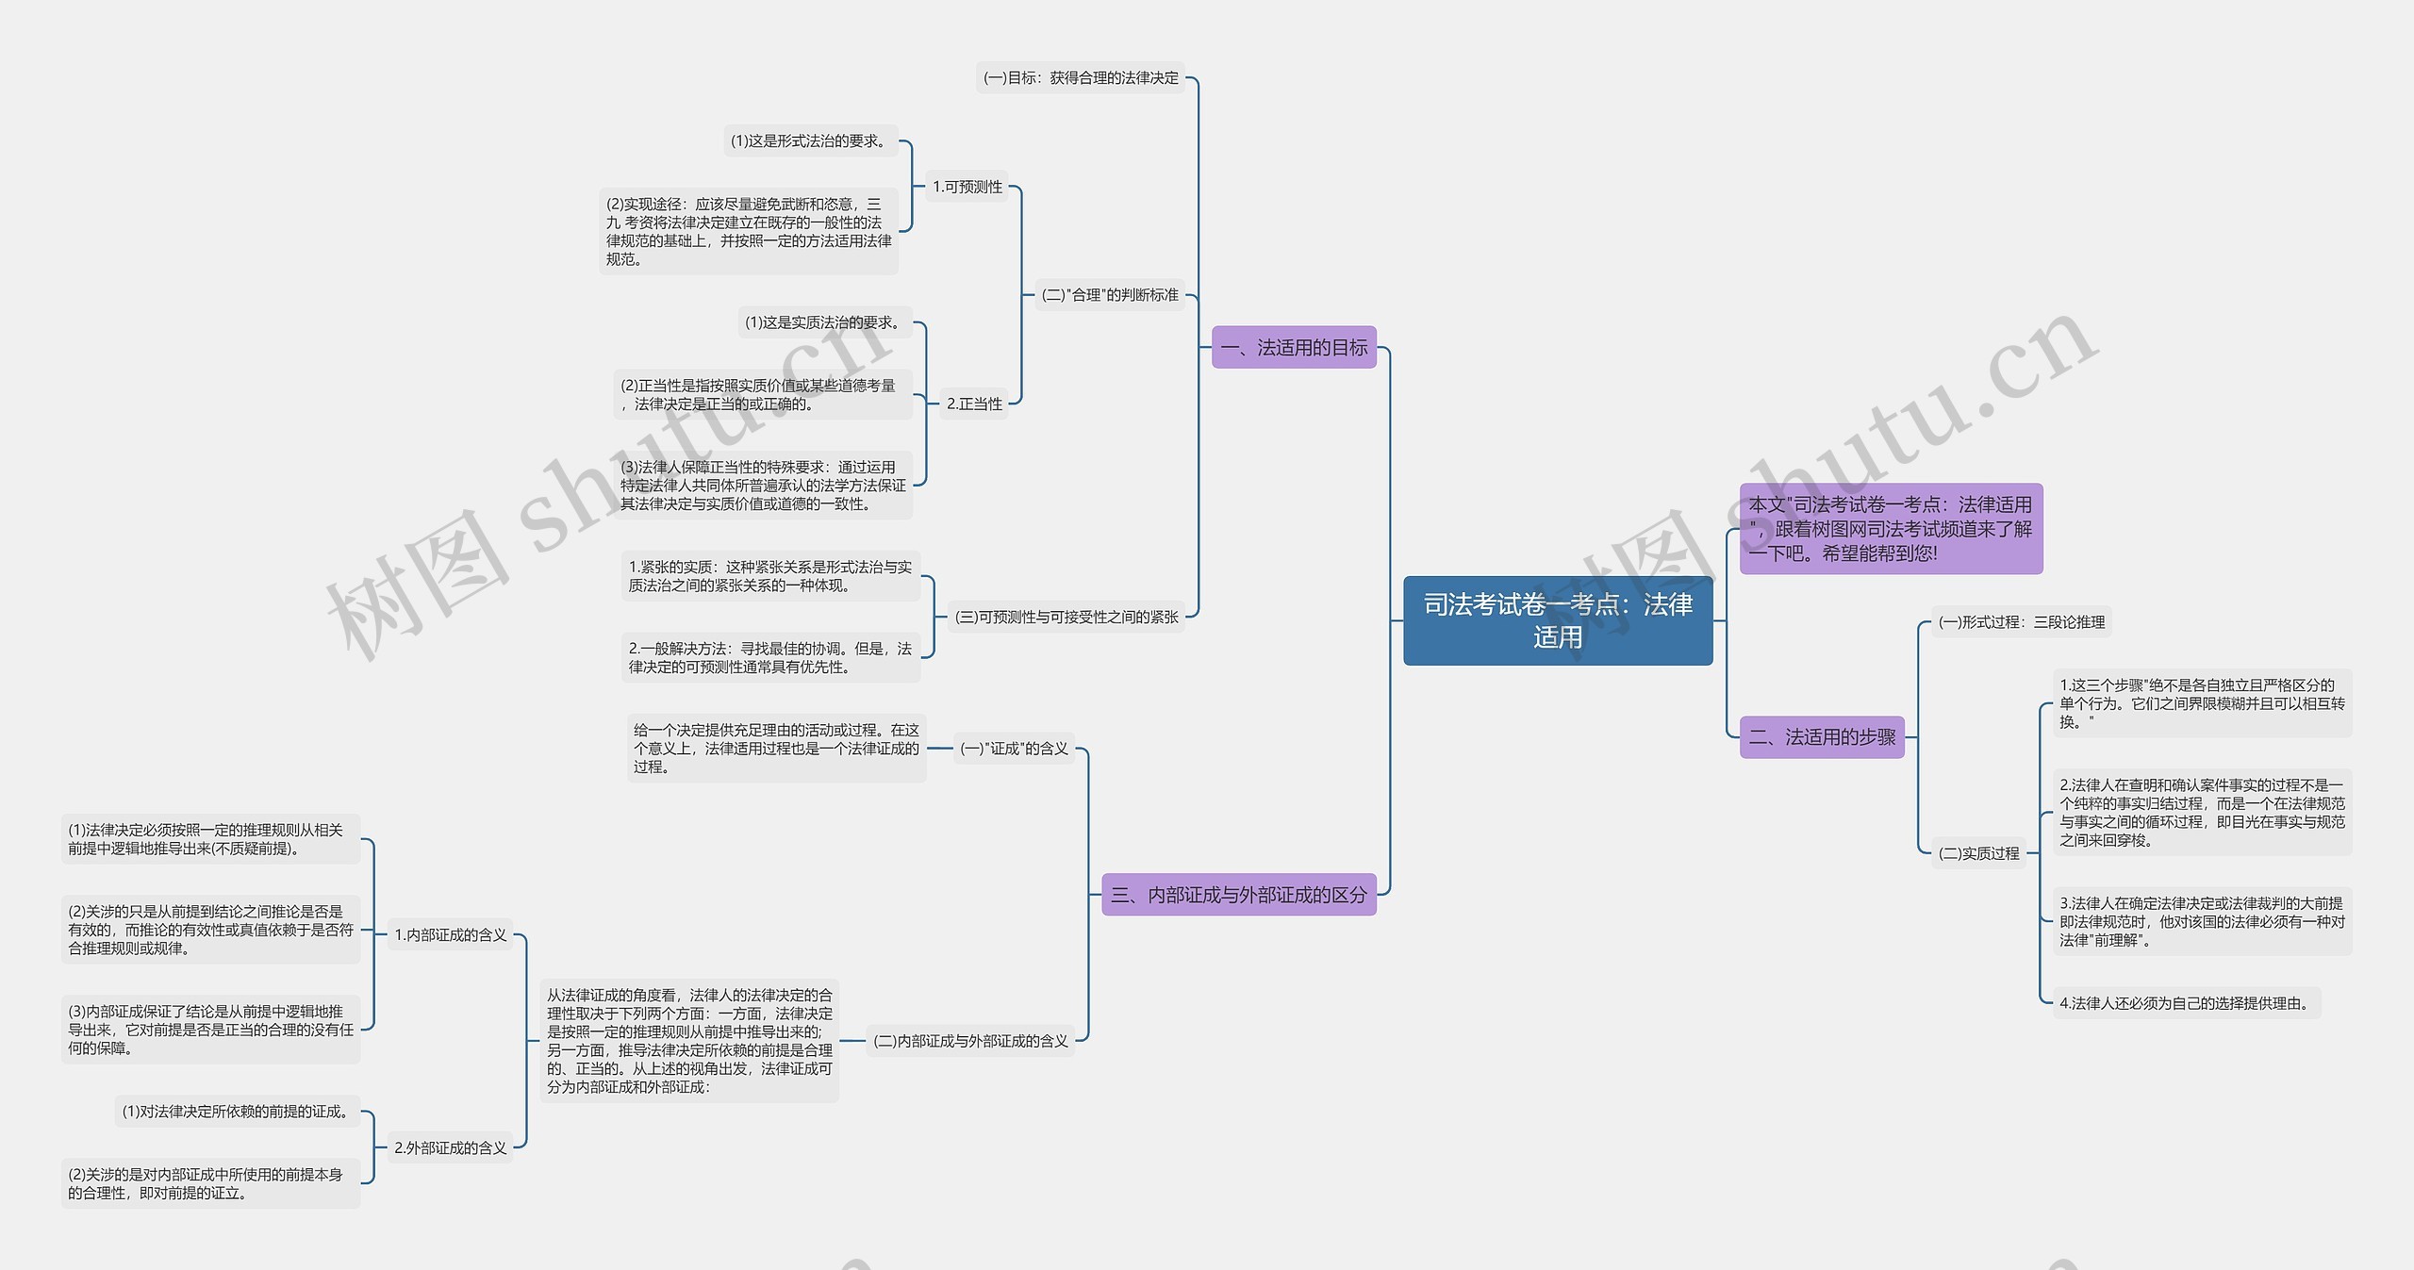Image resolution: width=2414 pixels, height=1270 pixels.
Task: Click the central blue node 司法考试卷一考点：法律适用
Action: coord(1558,620)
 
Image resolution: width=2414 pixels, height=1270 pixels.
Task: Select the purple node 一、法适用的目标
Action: coord(1294,347)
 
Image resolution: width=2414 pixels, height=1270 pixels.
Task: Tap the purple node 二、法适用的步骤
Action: coord(1822,736)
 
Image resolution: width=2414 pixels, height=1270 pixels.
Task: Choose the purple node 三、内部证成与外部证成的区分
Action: coord(1239,895)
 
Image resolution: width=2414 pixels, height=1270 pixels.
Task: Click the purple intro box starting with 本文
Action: coord(1891,529)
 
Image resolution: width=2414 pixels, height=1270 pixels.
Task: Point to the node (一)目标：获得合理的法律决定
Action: coord(1081,78)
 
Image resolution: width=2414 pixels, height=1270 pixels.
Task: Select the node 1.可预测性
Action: coord(967,187)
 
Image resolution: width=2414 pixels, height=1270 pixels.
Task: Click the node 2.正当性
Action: coord(974,404)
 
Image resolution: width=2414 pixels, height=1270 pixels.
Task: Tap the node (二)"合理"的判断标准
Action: coord(1110,295)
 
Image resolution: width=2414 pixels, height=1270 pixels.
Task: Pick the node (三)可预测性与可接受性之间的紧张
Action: coord(1066,617)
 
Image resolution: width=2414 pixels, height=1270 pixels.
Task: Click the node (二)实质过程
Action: coord(1978,853)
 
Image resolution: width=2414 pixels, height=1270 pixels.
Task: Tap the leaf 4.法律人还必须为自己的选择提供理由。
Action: coord(2187,1003)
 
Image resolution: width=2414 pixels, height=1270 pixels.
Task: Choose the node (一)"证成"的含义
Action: coord(1014,749)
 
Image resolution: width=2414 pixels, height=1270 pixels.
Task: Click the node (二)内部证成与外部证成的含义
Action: coord(970,1041)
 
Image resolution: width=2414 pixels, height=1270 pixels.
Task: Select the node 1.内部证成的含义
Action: coord(451,935)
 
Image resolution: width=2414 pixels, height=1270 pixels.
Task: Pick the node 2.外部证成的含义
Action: coord(451,1148)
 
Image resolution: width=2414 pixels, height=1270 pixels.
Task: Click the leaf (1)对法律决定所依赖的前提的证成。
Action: coord(238,1112)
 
